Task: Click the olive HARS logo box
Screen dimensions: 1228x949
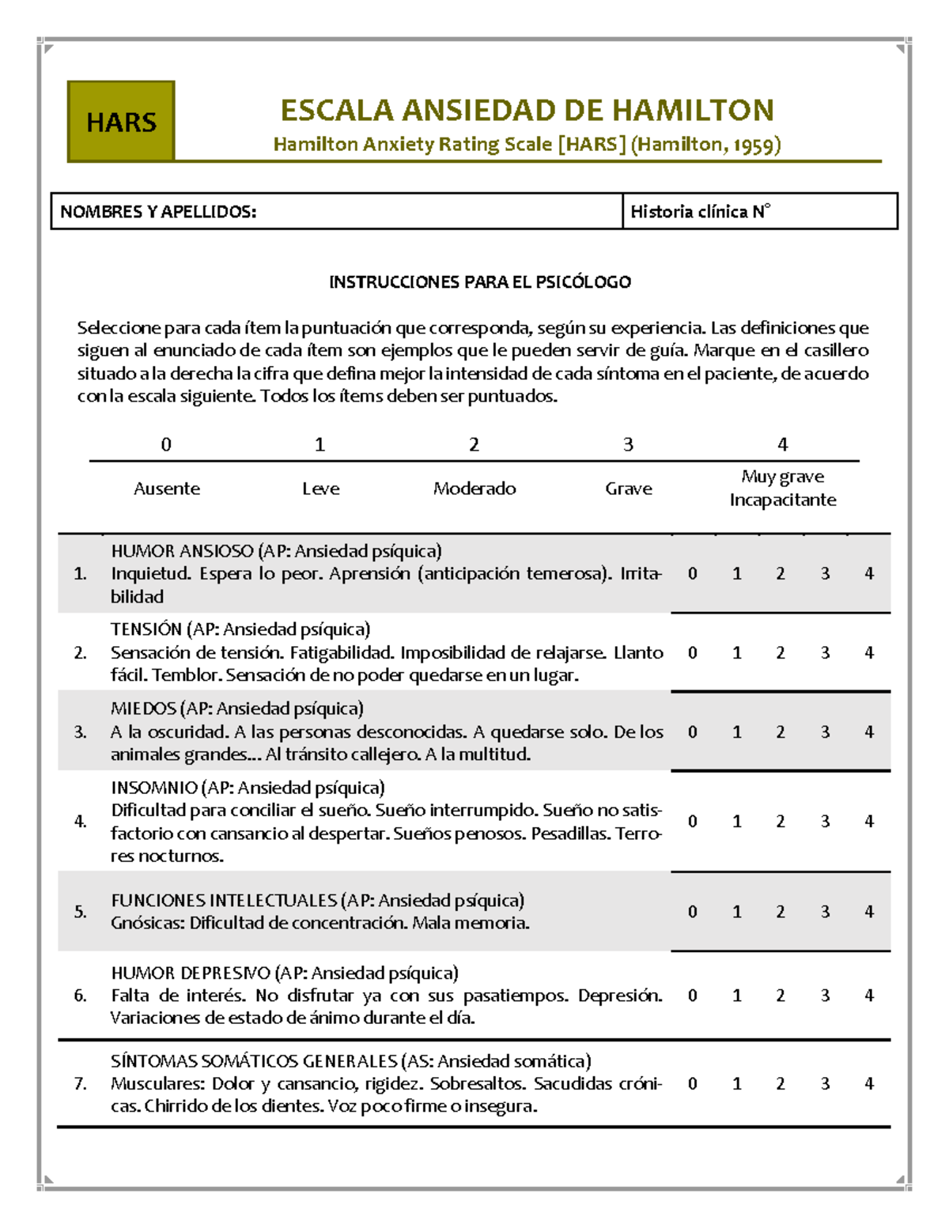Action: [x=121, y=122]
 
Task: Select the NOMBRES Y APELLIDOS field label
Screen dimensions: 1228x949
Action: [x=158, y=211]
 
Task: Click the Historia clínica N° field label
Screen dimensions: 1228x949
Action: [x=700, y=211]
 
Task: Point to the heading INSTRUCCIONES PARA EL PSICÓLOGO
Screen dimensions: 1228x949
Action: [x=480, y=281]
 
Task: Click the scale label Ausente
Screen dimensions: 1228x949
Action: [x=166, y=489]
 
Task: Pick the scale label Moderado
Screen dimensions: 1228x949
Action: [x=475, y=489]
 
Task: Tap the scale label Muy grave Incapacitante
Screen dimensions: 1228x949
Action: [x=782, y=488]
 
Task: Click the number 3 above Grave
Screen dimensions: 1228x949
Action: [x=628, y=444]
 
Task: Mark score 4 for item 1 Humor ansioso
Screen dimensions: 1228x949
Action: [x=868, y=573]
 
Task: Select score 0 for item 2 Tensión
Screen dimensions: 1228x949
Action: [x=692, y=652]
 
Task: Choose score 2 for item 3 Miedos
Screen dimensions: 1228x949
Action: [x=781, y=731]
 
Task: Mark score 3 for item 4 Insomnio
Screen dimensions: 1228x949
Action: [x=825, y=821]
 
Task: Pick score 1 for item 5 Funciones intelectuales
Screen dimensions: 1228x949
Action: [x=736, y=912]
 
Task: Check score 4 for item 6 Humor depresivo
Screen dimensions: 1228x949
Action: [x=868, y=995]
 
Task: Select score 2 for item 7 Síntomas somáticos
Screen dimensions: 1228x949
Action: [x=781, y=1083]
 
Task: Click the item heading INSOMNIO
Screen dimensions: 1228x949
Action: [x=154, y=788]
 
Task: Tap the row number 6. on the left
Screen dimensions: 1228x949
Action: [x=80, y=996]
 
